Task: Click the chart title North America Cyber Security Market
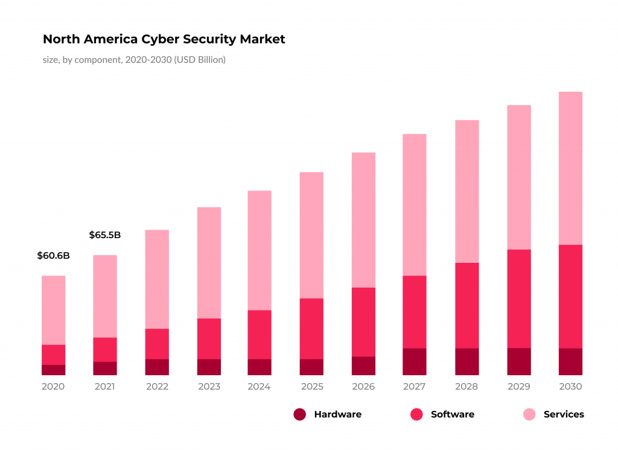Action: [164, 39]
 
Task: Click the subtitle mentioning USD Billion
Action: [134, 60]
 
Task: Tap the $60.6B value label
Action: [53, 256]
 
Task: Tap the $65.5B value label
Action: [104, 235]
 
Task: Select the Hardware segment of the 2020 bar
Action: [53, 370]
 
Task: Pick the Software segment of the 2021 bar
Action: [105, 349]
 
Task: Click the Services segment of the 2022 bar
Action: [157, 279]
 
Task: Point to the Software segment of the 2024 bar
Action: [260, 334]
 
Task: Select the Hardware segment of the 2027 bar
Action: [415, 361]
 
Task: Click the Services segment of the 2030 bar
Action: [570, 168]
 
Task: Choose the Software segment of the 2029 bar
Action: [519, 299]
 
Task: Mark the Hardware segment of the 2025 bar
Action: [311, 367]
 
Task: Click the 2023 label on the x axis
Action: [209, 387]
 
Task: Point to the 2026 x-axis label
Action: [363, 387]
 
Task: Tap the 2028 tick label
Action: [467, 387]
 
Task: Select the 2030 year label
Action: [570, 387]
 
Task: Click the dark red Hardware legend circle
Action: [300, 415]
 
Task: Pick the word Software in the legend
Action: [452, 415]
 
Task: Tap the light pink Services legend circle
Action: [529, 415]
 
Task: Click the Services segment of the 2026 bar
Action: [363, 220]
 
